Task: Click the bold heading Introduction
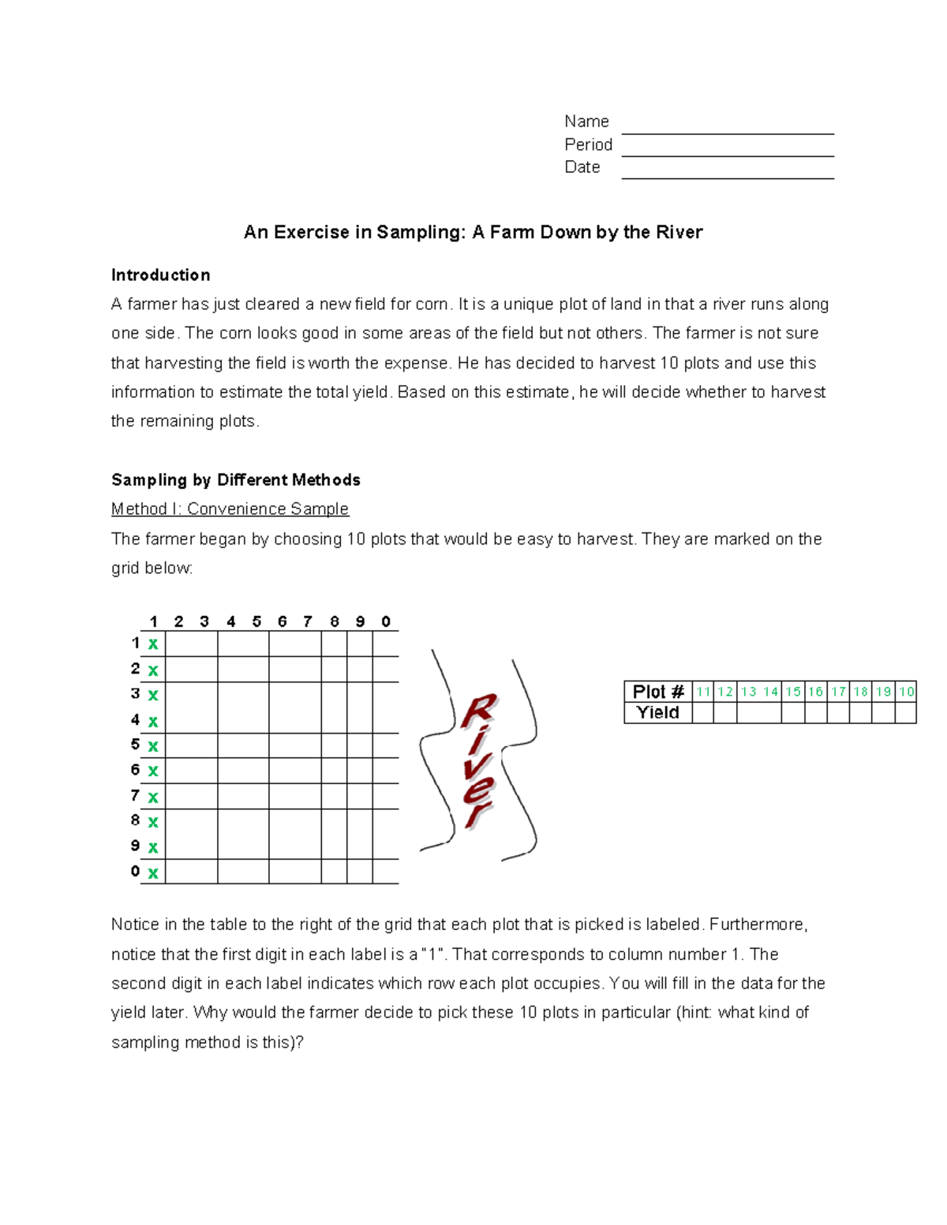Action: point(160,275)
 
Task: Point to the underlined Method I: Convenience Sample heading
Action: point(230,510)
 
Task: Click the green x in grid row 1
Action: point(153,644)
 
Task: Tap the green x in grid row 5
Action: point(153,746)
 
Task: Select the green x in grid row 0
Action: point(153,873)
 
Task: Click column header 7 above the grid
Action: point(308,622)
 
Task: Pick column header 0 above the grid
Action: point(386,622)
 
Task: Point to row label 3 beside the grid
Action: point(135,694)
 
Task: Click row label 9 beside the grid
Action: point(135,846)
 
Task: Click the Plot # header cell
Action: point(657,692)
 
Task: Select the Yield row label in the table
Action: point(657,713)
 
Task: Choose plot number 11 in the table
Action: point(703,692)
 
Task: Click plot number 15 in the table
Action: point(792,692)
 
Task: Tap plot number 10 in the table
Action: point(906,692)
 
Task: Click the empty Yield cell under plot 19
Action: point(883,713)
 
